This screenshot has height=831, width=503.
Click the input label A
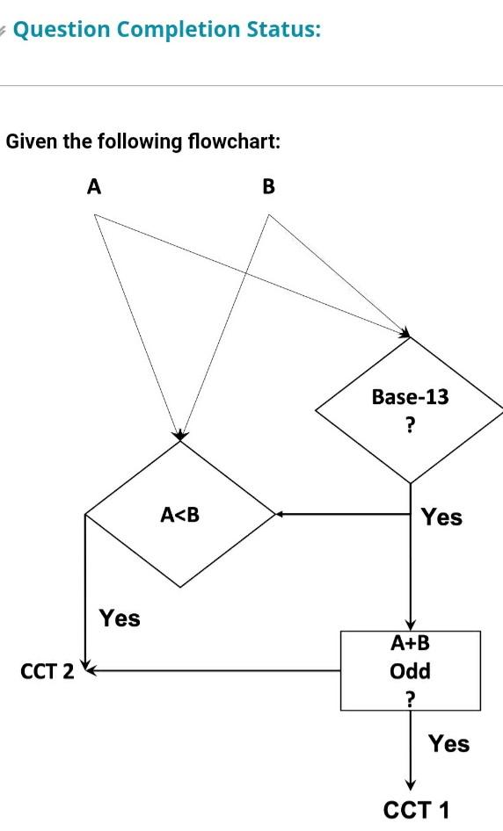pos(94,186)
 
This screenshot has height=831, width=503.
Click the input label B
pos(269,186)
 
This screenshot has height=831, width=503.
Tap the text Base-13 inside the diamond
pos(410,397)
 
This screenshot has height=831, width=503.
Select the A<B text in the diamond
pos(179,515)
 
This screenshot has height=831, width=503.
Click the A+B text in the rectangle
pos(410,644)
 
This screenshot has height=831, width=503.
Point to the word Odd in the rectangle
pos(410,671)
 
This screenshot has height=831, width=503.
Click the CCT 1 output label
pos(417,810)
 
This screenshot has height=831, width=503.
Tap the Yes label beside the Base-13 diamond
pos(441,517)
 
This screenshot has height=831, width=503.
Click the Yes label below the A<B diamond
pos(120,618)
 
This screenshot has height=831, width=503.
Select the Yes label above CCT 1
pos(448,744)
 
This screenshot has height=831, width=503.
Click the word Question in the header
pos(62,30)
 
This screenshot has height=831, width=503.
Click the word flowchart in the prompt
pos(234,141)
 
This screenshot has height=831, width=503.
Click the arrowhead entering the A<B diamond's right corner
pos(278,515)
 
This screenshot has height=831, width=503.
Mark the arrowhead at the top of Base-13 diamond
pos(405,333)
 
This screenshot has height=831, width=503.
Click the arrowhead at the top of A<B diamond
pos(179,436)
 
